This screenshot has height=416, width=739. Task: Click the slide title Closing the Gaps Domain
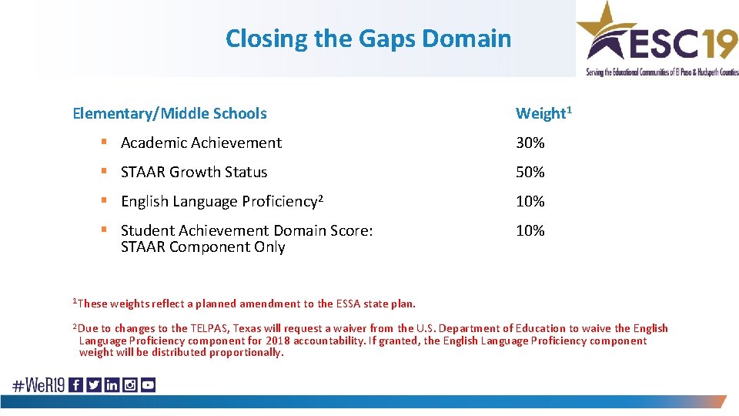point(368,39)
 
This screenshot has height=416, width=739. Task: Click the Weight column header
point(543,113)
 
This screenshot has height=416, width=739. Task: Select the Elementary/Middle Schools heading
point(169,113)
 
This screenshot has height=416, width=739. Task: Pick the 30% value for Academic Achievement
point(530,143)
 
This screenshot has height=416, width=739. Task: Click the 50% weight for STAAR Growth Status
point(530,172)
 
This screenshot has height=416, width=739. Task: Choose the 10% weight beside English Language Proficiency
point(530,201)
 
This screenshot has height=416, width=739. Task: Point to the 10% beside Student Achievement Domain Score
point(530,230)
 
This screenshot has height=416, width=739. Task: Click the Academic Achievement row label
point(201,143)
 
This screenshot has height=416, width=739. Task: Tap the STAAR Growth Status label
point(194,172)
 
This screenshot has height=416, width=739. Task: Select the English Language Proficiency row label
point(219,201)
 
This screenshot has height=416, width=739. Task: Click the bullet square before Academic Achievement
point(103,143)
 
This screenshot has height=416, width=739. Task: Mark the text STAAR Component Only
point(203,247)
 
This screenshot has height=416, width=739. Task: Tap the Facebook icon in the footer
point(76,385)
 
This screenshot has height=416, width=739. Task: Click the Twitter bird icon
point(94,385)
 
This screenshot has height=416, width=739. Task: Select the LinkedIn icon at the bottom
point(112,385)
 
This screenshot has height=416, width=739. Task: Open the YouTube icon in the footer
point(148,385)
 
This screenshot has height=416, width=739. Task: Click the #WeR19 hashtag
point(38,385)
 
